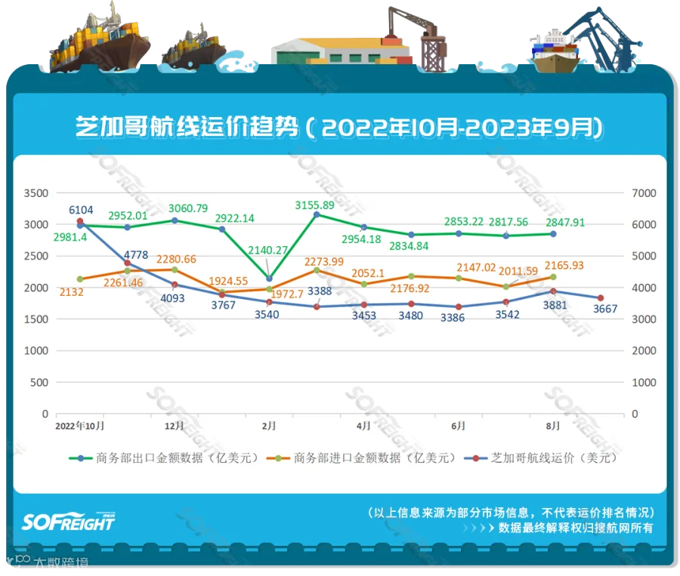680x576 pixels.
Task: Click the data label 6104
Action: pyautogui.click(x=82, y=209)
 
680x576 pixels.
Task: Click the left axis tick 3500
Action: pyautogui.click(x=36, y=193)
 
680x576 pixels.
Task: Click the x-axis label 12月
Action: pyautogui.click(x=175, y=426)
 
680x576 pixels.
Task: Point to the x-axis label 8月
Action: pyautogui.click(x=553, y=426)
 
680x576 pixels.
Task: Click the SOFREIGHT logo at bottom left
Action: pyautogui.click(x=69, y=521)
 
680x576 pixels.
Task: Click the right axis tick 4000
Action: pyautogui.click(x=641, y=288)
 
